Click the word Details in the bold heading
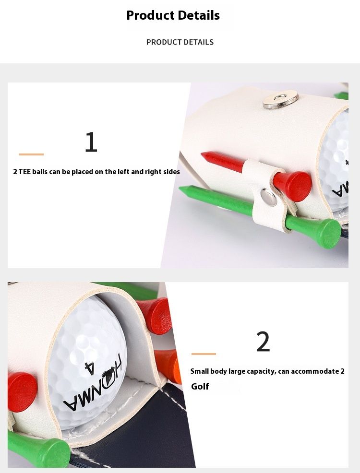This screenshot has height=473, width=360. pyautogui.click(x=197, y=15)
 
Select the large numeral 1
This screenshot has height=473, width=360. pyautogui.click(x=91, y=142)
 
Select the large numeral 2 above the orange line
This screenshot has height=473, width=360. pyautogui.click(x=263, y=342)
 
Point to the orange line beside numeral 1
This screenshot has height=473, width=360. pyautogui.click(x=31, y=154)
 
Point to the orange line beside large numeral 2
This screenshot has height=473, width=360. pyautogui.click(x=204, y=354)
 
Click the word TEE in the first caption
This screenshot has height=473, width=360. pyautogui.click(x=24, y=172)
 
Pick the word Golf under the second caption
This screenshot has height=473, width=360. pyautogui.click(x=200, y=387)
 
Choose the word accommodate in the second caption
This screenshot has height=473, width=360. pyautogui.click(x=315, y=371)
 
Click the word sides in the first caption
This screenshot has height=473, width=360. pyautogui.click(x=171, y=172)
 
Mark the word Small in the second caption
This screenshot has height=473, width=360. pyautogui.click(x=200, y=371)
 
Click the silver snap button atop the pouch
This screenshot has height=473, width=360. pyautogui.click(x=280, y=99)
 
